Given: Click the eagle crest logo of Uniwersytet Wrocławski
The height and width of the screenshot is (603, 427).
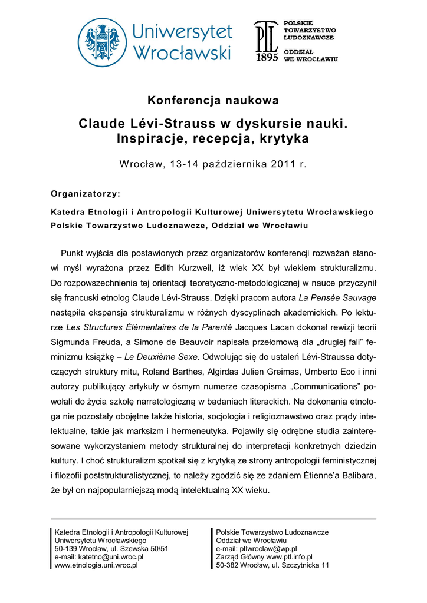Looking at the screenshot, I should coord(103,42).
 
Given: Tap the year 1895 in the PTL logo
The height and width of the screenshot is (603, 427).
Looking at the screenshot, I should coord(267,59).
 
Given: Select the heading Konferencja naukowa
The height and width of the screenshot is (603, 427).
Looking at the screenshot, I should coord(213,100).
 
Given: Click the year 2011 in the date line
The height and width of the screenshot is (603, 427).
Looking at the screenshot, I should coord(284,164).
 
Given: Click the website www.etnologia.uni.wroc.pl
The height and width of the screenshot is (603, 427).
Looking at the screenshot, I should coord(96,565).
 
